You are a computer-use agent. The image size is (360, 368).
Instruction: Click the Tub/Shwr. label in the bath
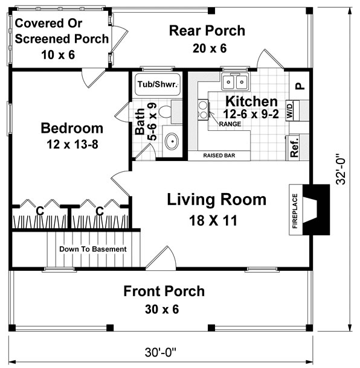tap(158, 84)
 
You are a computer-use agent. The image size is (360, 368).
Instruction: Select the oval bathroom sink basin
tap(172, 141)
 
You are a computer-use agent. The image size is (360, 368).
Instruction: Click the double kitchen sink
tap(235, 81)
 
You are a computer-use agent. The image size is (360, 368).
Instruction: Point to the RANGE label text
tap(230, 124)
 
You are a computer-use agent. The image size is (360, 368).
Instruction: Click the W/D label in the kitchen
tap(290, 110)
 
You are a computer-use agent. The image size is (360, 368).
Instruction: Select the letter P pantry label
tap(300, 86)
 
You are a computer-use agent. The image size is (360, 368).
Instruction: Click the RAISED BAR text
tap(219, 156)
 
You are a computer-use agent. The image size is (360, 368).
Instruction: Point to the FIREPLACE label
tap(295, 211)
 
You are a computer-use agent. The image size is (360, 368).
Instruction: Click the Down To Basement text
tap(93, 249)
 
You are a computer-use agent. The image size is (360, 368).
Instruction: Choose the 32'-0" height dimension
tap(341, 169)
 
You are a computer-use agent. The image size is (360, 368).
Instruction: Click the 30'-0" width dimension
tap(160, 352)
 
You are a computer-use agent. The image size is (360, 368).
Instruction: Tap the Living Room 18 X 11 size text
tap(213, 220)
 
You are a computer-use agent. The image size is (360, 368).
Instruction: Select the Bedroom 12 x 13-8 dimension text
tap(72, 144)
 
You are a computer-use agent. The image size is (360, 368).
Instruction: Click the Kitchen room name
tap(251, 101)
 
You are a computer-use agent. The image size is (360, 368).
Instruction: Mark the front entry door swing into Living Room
tap(161, 258)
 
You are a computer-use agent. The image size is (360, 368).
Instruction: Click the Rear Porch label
tap(207, 31)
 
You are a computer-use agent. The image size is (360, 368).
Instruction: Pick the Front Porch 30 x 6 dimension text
tap(162, 309)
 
